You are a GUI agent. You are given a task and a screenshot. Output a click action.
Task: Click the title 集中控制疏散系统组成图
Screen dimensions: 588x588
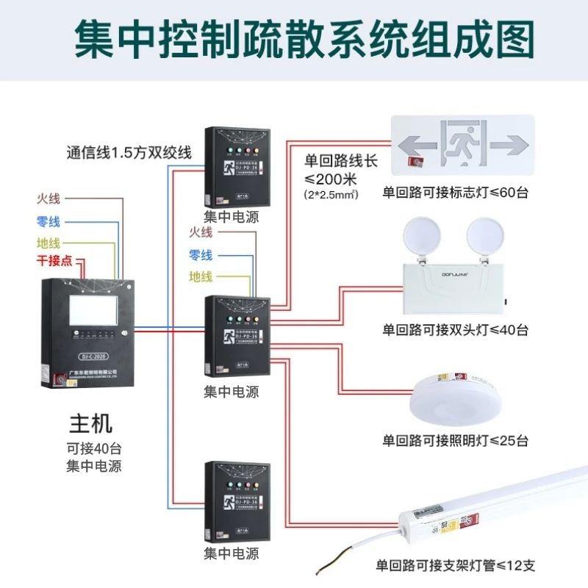click(294, 38)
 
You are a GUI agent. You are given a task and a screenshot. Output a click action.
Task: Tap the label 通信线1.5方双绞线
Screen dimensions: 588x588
click(129, 153)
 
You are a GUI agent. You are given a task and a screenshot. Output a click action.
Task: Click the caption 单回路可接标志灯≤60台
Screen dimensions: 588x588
click(455, 193)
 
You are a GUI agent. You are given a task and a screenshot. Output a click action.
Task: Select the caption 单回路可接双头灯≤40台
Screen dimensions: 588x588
click(455, 329)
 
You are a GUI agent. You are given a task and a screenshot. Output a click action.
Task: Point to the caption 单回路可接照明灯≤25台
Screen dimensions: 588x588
click(455, 441)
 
